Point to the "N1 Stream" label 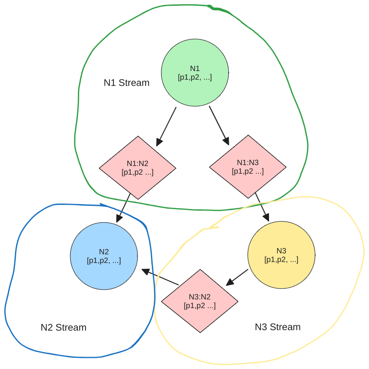pos(126,83)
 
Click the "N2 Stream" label pos(63,327)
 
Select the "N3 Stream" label pos(277,327)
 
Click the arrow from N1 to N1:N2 pos(166,126)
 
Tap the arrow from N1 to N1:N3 pos(219,125)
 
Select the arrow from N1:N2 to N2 pos(123,207)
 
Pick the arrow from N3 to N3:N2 pos(237,277)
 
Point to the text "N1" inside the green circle pos(195,69)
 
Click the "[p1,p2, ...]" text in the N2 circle pos(104,261)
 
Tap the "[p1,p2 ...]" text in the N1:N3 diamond pos(247,171)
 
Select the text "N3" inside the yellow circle pos(281,251)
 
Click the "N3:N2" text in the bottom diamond pos(199,297)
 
